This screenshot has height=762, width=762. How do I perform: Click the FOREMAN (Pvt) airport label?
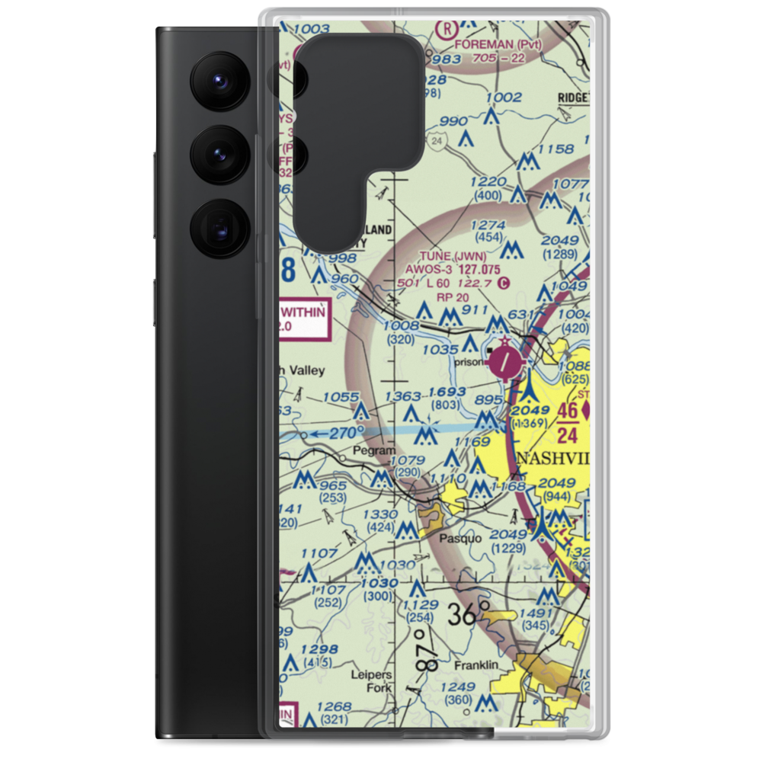498,43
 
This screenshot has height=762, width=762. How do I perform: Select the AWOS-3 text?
428,269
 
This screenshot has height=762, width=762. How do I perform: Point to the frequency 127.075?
479,269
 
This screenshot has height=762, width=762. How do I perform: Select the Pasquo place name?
460,538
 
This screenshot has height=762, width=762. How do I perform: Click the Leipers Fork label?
371,681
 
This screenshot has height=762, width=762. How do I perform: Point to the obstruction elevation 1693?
447,392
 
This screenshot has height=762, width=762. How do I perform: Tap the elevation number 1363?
403,396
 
